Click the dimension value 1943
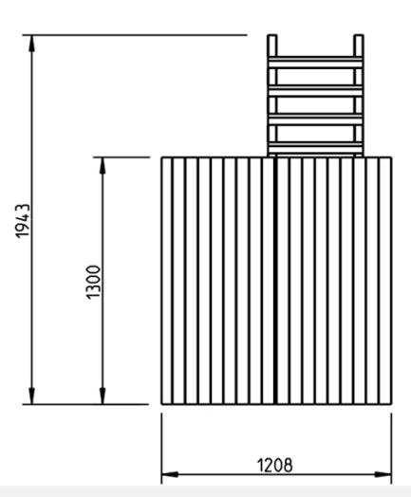click(x=23, y=221)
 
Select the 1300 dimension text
click(x=94, y=283)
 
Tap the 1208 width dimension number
click(x=274, y=466)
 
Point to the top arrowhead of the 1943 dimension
click(x=31, y=43)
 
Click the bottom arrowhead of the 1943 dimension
click(x=31, y=396)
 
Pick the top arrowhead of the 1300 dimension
click(x=103, y=165)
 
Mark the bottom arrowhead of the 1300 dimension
click(x=103, y=396)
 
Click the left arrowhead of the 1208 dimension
click(x=170, y=474)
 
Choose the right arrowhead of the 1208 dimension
click(x=383, y=474)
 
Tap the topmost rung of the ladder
click(x=315, y=63)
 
